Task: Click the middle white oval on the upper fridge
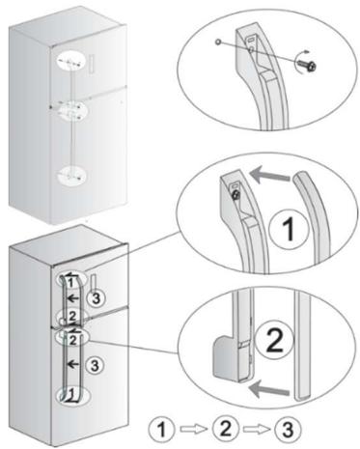tap(70, 110)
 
